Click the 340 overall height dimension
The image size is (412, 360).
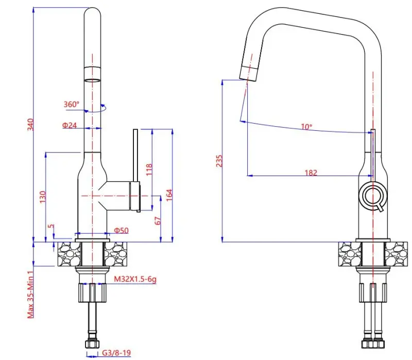click(x=30, y=125)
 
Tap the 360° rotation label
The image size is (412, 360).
click(x=72, y=104)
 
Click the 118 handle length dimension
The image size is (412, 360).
click(x=149, y=170)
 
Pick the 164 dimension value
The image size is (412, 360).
click(x=169, y=194)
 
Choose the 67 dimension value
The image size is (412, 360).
click(x=158, y=220)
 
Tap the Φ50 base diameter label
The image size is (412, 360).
click(x=121, y=230)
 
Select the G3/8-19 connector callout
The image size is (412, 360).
click(x=116, y=353)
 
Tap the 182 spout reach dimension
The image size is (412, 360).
click(x=311, y=173)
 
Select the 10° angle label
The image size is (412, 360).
click(x=307, y=127)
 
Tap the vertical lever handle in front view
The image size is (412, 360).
click(x=135, y=155)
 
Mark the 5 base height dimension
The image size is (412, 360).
click(x=50, y=226)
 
